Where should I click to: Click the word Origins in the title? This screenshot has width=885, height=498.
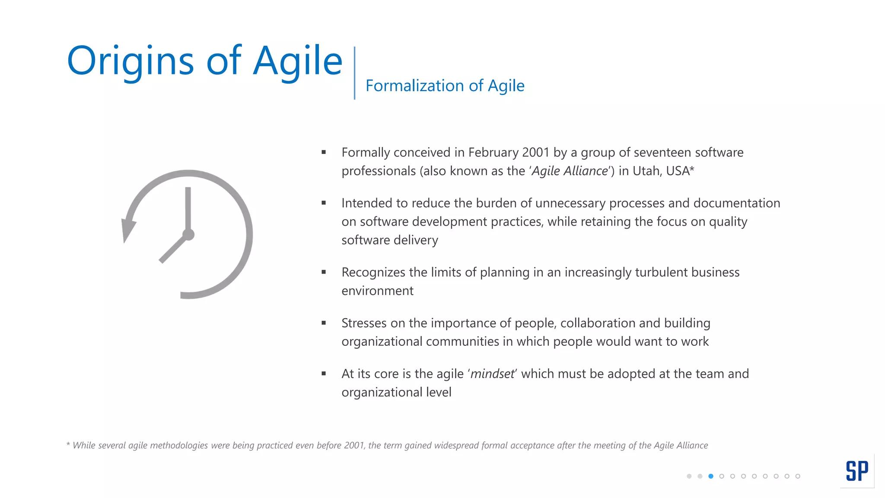(x=130, y=61)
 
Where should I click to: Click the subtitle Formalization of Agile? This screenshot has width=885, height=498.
(x=445, y=86)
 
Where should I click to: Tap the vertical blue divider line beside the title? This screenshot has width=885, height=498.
(x=354, y=73)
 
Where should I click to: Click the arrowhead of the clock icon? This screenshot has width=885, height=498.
(x=127, y=230)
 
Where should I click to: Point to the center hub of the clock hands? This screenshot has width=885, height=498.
(x=188, y=235)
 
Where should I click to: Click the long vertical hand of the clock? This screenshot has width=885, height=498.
(x=188, y=207)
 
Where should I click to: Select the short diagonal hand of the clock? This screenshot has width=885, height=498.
(x=173, y=249)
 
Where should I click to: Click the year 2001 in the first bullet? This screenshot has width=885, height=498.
(x=535, y=153)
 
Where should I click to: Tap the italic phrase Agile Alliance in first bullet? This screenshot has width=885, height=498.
(x=569, y=171)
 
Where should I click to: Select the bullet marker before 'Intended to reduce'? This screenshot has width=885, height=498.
(x=324, y=203)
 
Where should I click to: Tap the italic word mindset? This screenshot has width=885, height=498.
(x=492, y=374)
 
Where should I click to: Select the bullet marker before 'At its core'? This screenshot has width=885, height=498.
(x=324, y=373)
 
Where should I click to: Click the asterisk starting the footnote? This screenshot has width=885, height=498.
(x=68, y=444)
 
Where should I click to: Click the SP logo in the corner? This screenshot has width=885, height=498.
(x=857, y=471)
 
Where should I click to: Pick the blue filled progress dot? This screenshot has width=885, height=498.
(x=711, y=476)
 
